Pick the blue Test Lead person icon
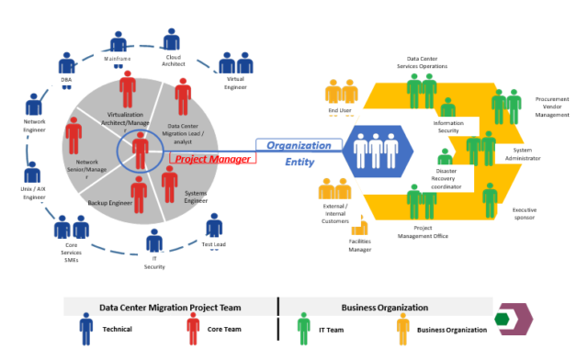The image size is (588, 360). coord(213,227)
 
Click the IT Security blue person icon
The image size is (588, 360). coord(153,243)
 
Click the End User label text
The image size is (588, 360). coord(340,110)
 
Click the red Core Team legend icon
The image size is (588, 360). coord(193,327)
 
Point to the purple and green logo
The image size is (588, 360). coord(513,318)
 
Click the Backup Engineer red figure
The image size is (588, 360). coord(139,193)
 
